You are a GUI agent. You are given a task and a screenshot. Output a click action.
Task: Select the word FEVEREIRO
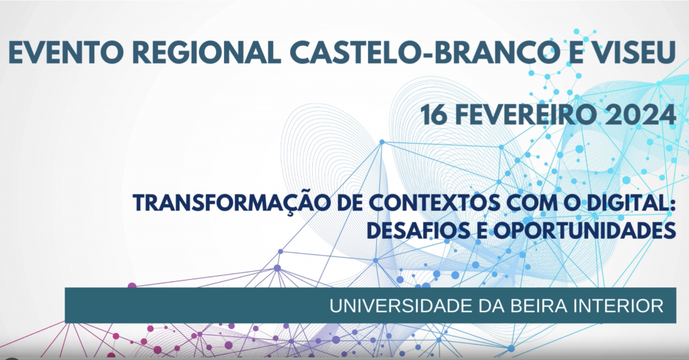pos(526,116)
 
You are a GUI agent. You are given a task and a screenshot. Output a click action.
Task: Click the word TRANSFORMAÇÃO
pos(231,203)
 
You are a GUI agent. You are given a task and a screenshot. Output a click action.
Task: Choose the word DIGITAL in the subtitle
pos(622,203)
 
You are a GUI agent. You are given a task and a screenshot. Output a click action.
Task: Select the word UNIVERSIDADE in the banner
pos(401,306)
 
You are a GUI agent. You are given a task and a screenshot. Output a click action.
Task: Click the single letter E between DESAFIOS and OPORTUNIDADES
pos(480,230)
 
